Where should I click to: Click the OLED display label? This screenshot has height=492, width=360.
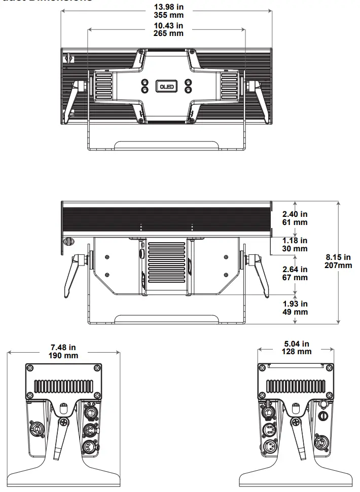167,86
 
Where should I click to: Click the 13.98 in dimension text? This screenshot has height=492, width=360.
168,7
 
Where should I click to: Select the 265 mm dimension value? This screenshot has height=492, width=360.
168,33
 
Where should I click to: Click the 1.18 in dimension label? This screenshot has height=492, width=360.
296,241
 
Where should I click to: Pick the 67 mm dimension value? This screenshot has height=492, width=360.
296,277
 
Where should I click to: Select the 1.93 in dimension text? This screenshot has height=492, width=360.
296,304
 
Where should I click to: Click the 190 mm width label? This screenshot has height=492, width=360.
64,355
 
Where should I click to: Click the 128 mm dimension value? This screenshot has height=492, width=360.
297,352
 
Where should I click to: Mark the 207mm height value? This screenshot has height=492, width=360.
338,265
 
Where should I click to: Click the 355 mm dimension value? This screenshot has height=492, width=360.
168,15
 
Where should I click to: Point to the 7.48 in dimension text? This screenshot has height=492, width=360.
64,348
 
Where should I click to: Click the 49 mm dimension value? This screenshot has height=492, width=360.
296,312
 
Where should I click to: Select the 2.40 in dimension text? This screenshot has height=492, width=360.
296,214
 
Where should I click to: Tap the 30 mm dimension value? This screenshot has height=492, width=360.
296,248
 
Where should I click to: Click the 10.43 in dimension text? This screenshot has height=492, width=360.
168,25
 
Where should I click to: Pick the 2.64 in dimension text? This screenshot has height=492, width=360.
296,270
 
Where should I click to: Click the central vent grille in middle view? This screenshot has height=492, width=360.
167,264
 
